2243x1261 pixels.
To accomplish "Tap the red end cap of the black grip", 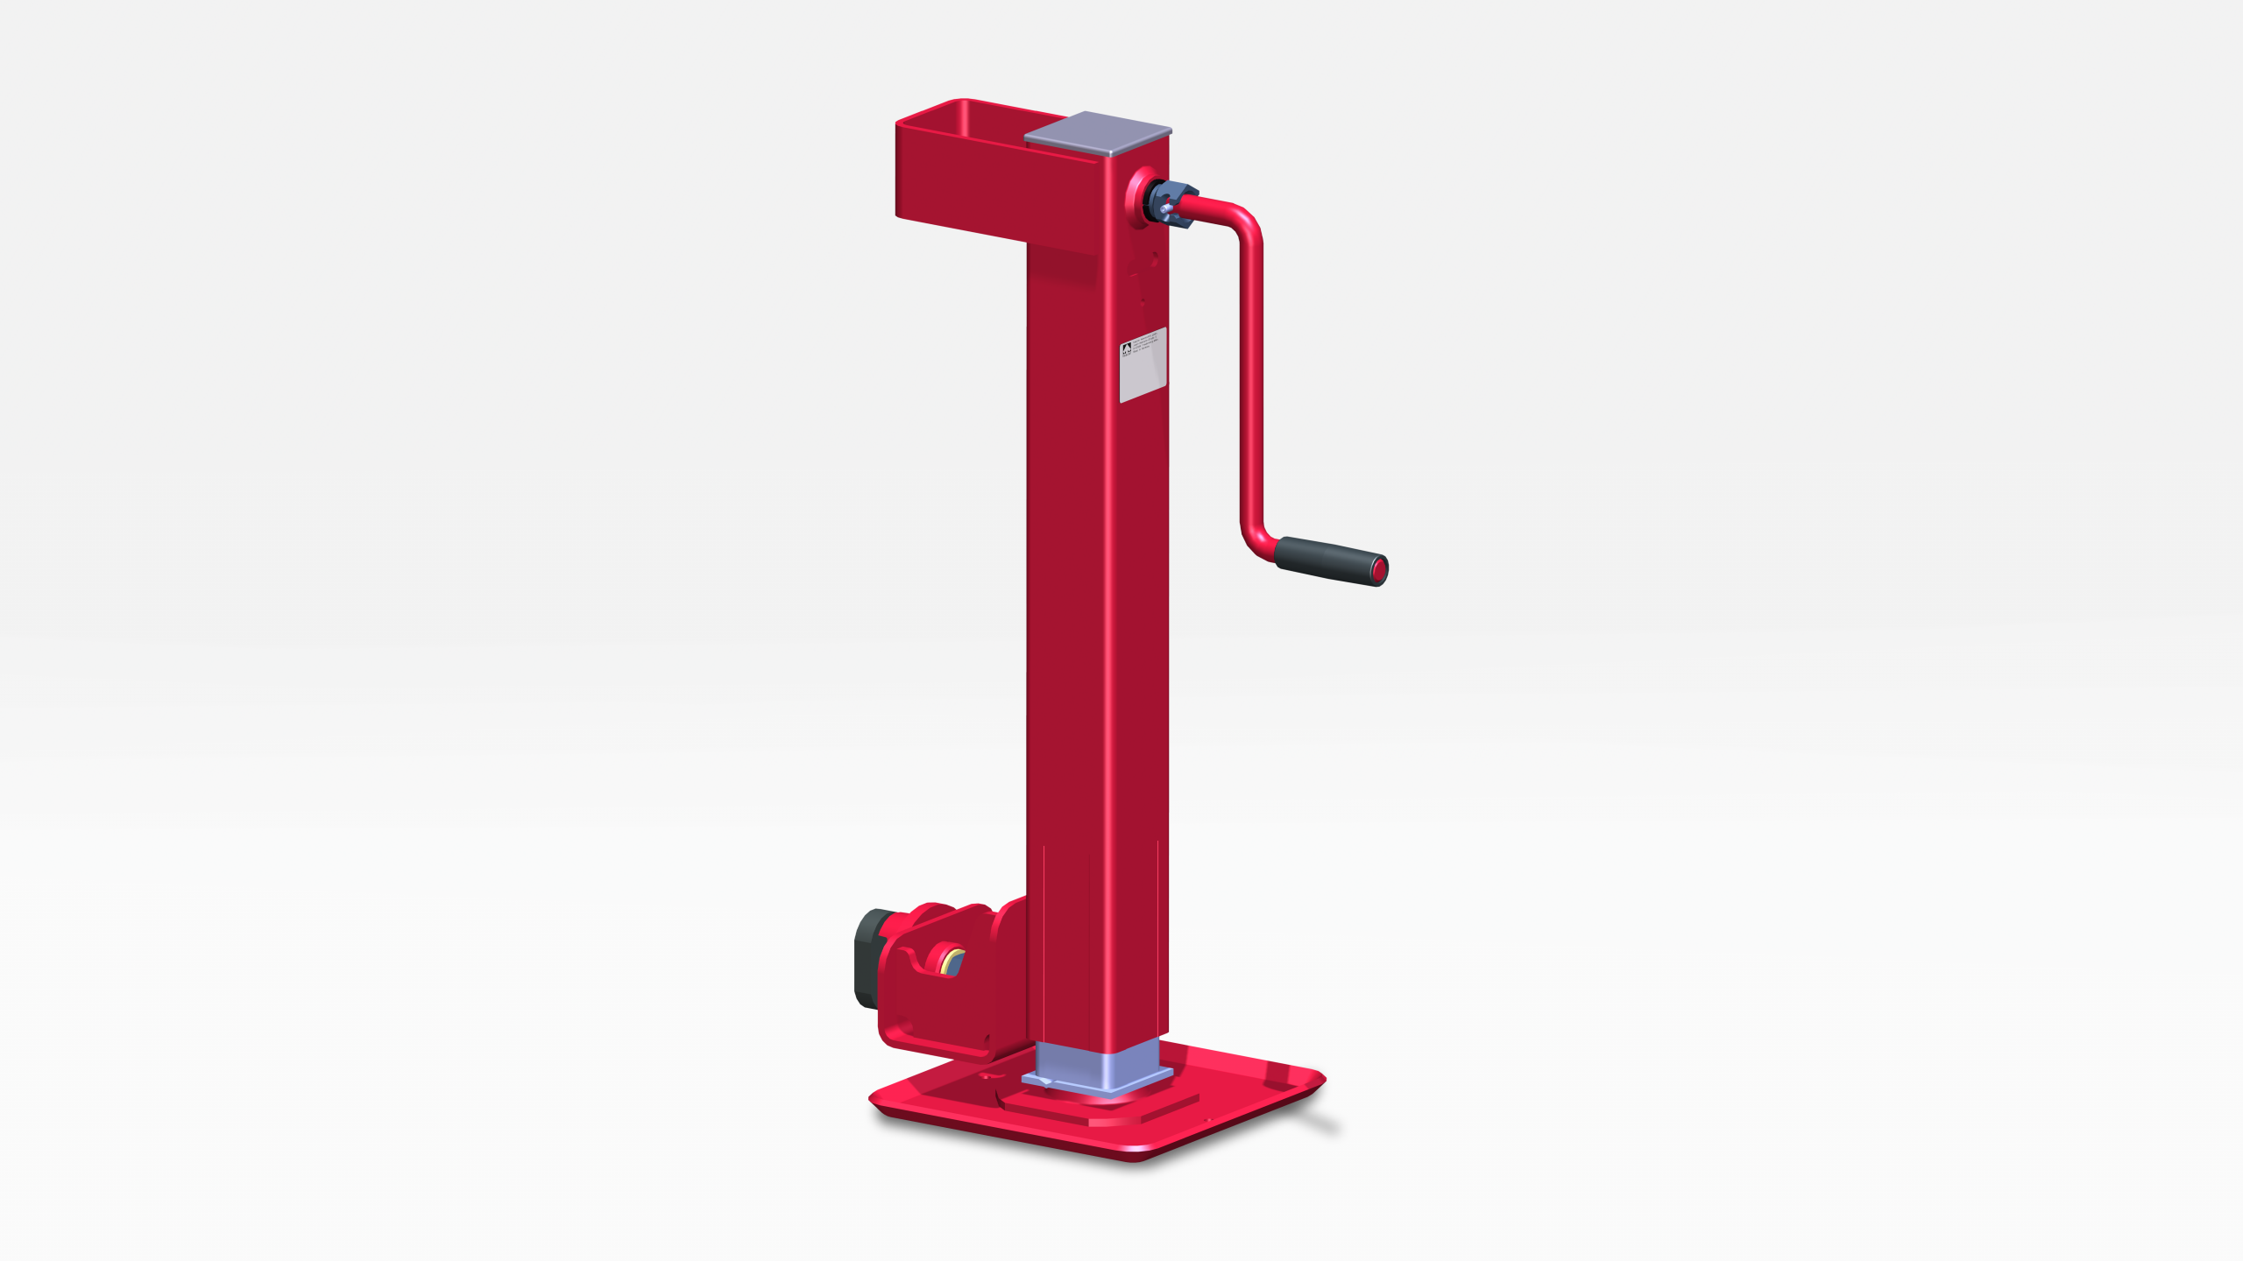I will (x=1378, y=571).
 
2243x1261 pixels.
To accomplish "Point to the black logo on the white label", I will (x=1126, y=350).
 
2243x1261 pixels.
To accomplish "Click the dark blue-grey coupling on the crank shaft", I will (x=1172, y=203).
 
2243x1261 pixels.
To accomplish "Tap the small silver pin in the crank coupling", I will (x=1165, y=210).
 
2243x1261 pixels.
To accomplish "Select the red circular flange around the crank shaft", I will (x=1136, y=198).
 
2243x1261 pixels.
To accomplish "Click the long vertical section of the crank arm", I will (x=1251, y=377).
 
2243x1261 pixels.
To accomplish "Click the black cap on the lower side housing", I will (x=868, y=958).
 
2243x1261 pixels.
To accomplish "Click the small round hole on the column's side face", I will (x=1155, y=257).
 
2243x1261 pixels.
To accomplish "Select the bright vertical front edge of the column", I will (x=1109, y=613).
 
